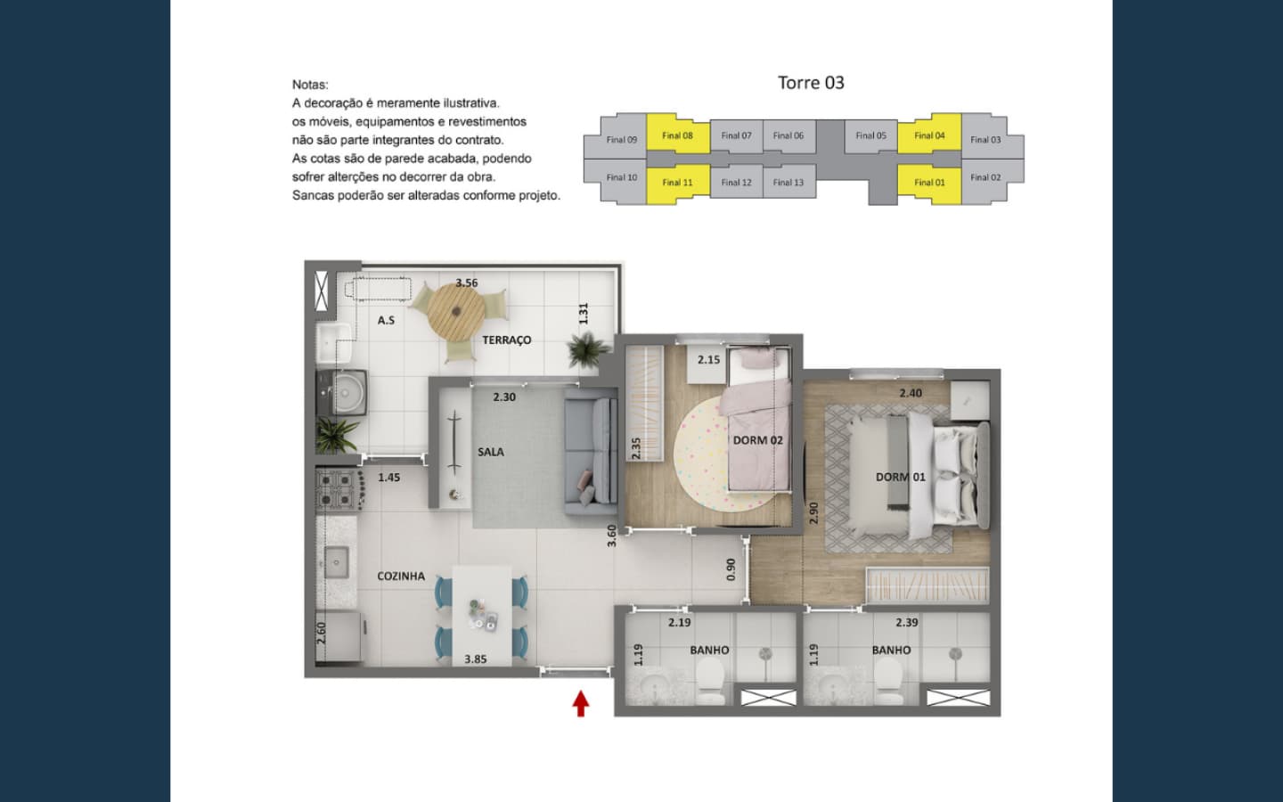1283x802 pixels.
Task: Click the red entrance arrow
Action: tap(581, 703)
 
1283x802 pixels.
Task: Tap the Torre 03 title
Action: tap(811, 83)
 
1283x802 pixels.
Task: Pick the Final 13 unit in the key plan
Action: tap(789, 182)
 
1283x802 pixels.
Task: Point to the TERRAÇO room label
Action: tap(506, 340)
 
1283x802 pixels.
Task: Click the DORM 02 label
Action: tap(757, 440)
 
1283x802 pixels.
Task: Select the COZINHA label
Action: tap(401, 577)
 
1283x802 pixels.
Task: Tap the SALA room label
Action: tap(491, 452)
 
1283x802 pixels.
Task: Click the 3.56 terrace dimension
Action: tap(467, 283)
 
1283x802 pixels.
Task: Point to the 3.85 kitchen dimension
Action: tap(476, 659)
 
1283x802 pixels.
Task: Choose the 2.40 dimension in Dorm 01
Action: tap(911, 393)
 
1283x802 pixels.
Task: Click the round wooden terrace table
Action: tap(456, 311)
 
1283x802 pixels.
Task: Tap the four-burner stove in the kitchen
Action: tap(339, 489)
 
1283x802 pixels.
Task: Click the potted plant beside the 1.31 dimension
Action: tap(588, 349)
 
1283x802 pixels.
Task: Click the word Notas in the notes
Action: tap(310, 85)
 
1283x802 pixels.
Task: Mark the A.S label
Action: tap(386, 320)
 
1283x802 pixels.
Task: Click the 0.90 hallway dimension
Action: tap(731, 569)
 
